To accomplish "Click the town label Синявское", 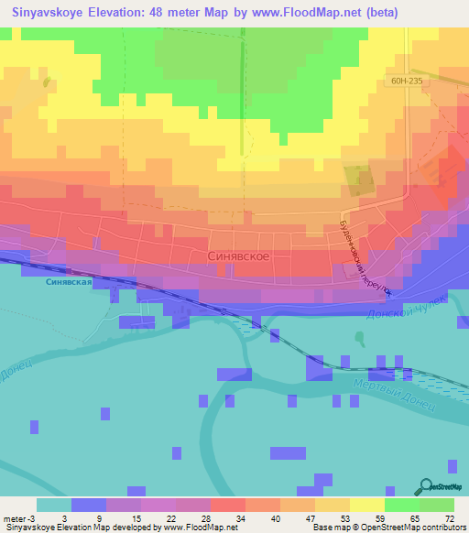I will [x=238, y=257].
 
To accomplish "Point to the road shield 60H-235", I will [x=406, y=82].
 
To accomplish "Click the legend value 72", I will [x=449, y=517].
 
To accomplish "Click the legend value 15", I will [x=136, y=517].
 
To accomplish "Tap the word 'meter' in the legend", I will [x=12, y=517].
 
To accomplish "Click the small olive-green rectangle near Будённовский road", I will [x=357, y=177].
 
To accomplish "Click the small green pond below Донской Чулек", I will [x=358, y=339].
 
